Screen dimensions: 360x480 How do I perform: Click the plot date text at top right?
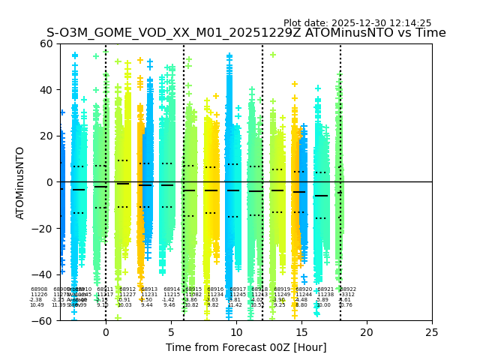[357, 23]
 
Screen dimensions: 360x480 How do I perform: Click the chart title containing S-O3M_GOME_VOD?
[246, 33]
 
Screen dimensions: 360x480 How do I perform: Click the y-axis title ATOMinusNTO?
[21, 182]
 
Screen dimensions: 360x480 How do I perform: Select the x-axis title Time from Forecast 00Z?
[246, 347]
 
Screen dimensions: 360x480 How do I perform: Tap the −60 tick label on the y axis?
[44, 320]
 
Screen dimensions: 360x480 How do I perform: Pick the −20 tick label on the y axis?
[44, 228]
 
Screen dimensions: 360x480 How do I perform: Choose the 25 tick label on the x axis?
[432, 331]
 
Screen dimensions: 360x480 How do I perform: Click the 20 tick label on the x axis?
[367, 331]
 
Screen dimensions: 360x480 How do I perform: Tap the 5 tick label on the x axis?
[171, 331]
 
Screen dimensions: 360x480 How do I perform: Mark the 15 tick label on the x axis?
[301, 331]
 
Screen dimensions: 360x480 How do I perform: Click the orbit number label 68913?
[149, 289]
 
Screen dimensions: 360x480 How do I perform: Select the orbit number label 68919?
[282, 289]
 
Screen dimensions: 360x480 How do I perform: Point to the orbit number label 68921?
[325, 289]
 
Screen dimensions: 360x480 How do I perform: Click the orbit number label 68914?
[172, 289]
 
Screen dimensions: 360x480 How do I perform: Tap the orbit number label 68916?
[215, 289]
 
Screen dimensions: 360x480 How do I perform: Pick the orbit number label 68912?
[127, 289]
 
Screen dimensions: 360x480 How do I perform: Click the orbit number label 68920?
[304, 289]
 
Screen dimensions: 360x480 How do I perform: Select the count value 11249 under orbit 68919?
[282, 295]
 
